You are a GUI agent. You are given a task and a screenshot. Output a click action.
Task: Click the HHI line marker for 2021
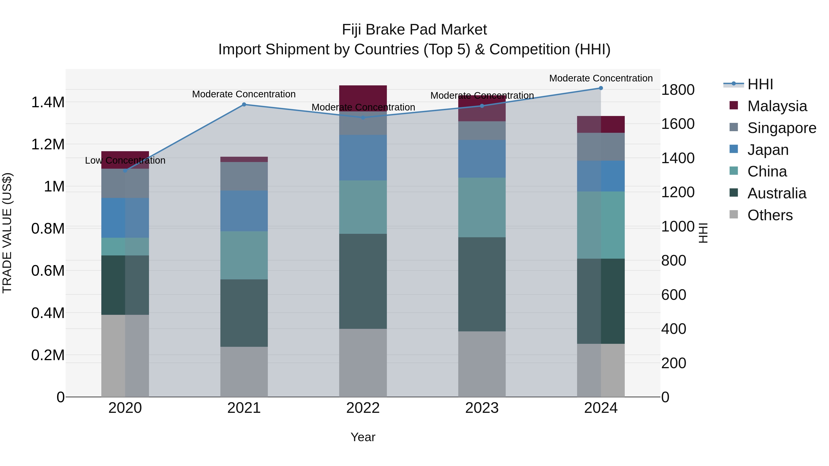point(244,104)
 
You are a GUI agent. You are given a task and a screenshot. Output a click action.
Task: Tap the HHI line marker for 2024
point(601,88)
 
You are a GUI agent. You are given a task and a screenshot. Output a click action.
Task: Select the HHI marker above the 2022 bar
point(363,118)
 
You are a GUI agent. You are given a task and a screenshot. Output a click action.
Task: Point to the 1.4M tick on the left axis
point(48,103)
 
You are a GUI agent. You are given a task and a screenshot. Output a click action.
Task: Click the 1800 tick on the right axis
point(678,90)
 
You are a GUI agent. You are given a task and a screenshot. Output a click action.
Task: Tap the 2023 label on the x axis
point(482,408)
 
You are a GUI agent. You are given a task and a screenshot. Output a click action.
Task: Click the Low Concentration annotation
point(125,160)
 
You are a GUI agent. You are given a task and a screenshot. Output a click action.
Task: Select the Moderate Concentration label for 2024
point(601,78)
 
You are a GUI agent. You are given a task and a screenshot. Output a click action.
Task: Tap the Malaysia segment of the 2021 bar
point(244,159)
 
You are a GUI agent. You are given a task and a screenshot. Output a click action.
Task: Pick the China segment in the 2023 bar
point(482,207)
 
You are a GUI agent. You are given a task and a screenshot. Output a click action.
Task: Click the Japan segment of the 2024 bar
point(601,176)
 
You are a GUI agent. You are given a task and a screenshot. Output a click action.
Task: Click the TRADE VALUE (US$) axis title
point(7,233)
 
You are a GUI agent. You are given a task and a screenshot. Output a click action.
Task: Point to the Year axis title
point(363,437)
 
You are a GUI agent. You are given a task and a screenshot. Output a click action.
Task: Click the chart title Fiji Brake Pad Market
point(414,30)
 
